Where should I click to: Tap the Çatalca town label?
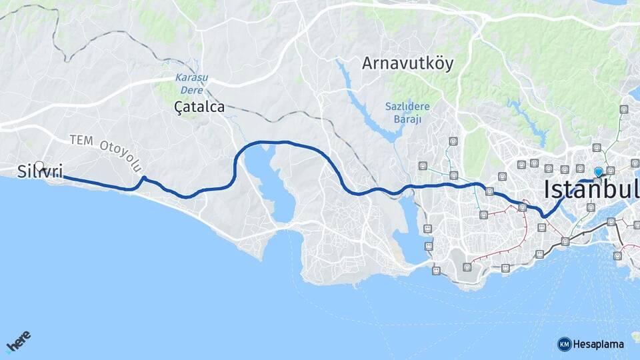coord(199,107)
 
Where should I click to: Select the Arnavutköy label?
coord(407,64)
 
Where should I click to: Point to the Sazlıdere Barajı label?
coord(407,112)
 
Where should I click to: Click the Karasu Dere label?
coord(192,82)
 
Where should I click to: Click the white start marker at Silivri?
coord(39,166)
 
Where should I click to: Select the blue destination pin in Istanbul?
coord(598,173)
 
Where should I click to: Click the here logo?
coord(18,343)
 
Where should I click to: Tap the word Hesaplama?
coord(599,344)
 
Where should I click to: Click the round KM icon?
coord(565,344)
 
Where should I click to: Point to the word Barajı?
coord(407,119)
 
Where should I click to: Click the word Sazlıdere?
coord(407,106)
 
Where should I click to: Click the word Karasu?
coord(192,77)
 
